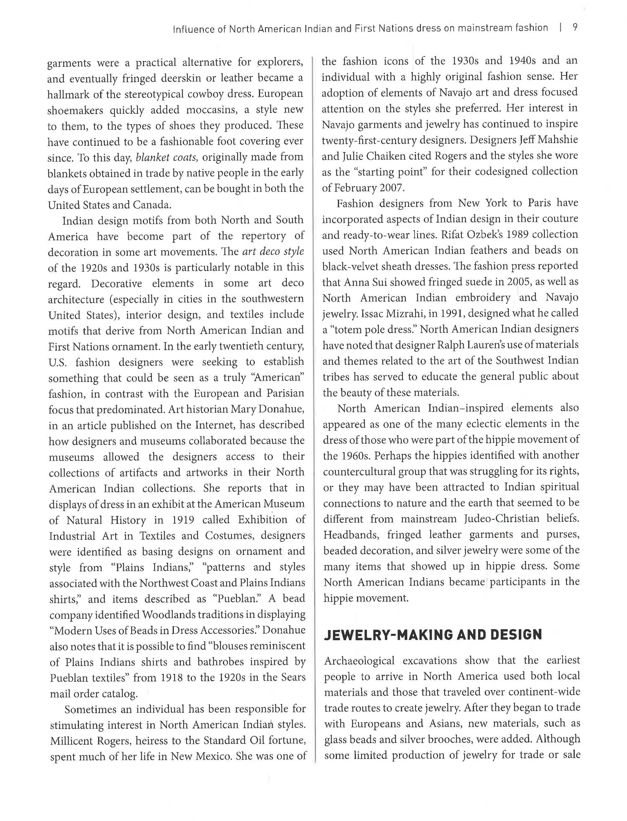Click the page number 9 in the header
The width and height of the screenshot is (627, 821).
pos(575,28)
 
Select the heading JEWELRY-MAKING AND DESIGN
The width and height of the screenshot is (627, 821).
pos(433,634)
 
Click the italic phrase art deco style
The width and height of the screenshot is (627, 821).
pos(273,252)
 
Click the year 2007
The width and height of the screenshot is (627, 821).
pos(392,188)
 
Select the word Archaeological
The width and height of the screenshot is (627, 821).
pos(359,661)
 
